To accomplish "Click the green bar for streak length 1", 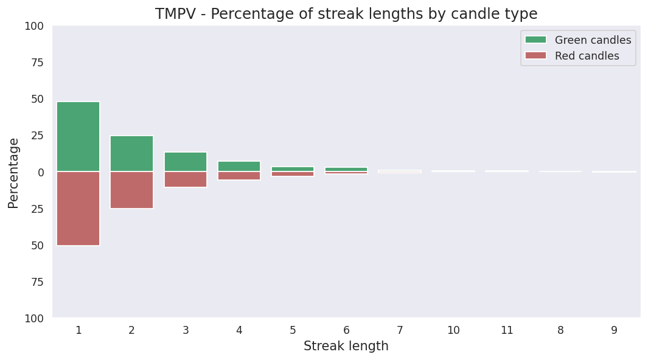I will coord(78,137).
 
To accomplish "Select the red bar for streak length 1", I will coord(78,208).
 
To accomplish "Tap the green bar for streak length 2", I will coord(131,154).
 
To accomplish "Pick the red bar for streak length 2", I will coord(131,190).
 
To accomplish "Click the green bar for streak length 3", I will coord(186,162).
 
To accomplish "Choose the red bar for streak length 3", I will coord(186,179).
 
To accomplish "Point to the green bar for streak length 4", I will coord(239,166).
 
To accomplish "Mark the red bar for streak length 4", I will coord(239,176).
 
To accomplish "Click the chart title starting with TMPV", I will coord(346,14).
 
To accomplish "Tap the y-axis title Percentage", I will coord(13,173).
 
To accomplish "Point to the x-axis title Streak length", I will coord(346,347).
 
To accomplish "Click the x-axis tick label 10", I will coord(453,330).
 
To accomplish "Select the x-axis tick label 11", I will coord(507,330).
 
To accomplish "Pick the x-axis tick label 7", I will coord(400,330).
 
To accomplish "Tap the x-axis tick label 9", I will coord(614,330).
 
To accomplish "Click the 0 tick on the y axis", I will coord(41,172).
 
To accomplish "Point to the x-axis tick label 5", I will coord(293,330).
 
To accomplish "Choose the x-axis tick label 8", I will coord(560,330).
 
